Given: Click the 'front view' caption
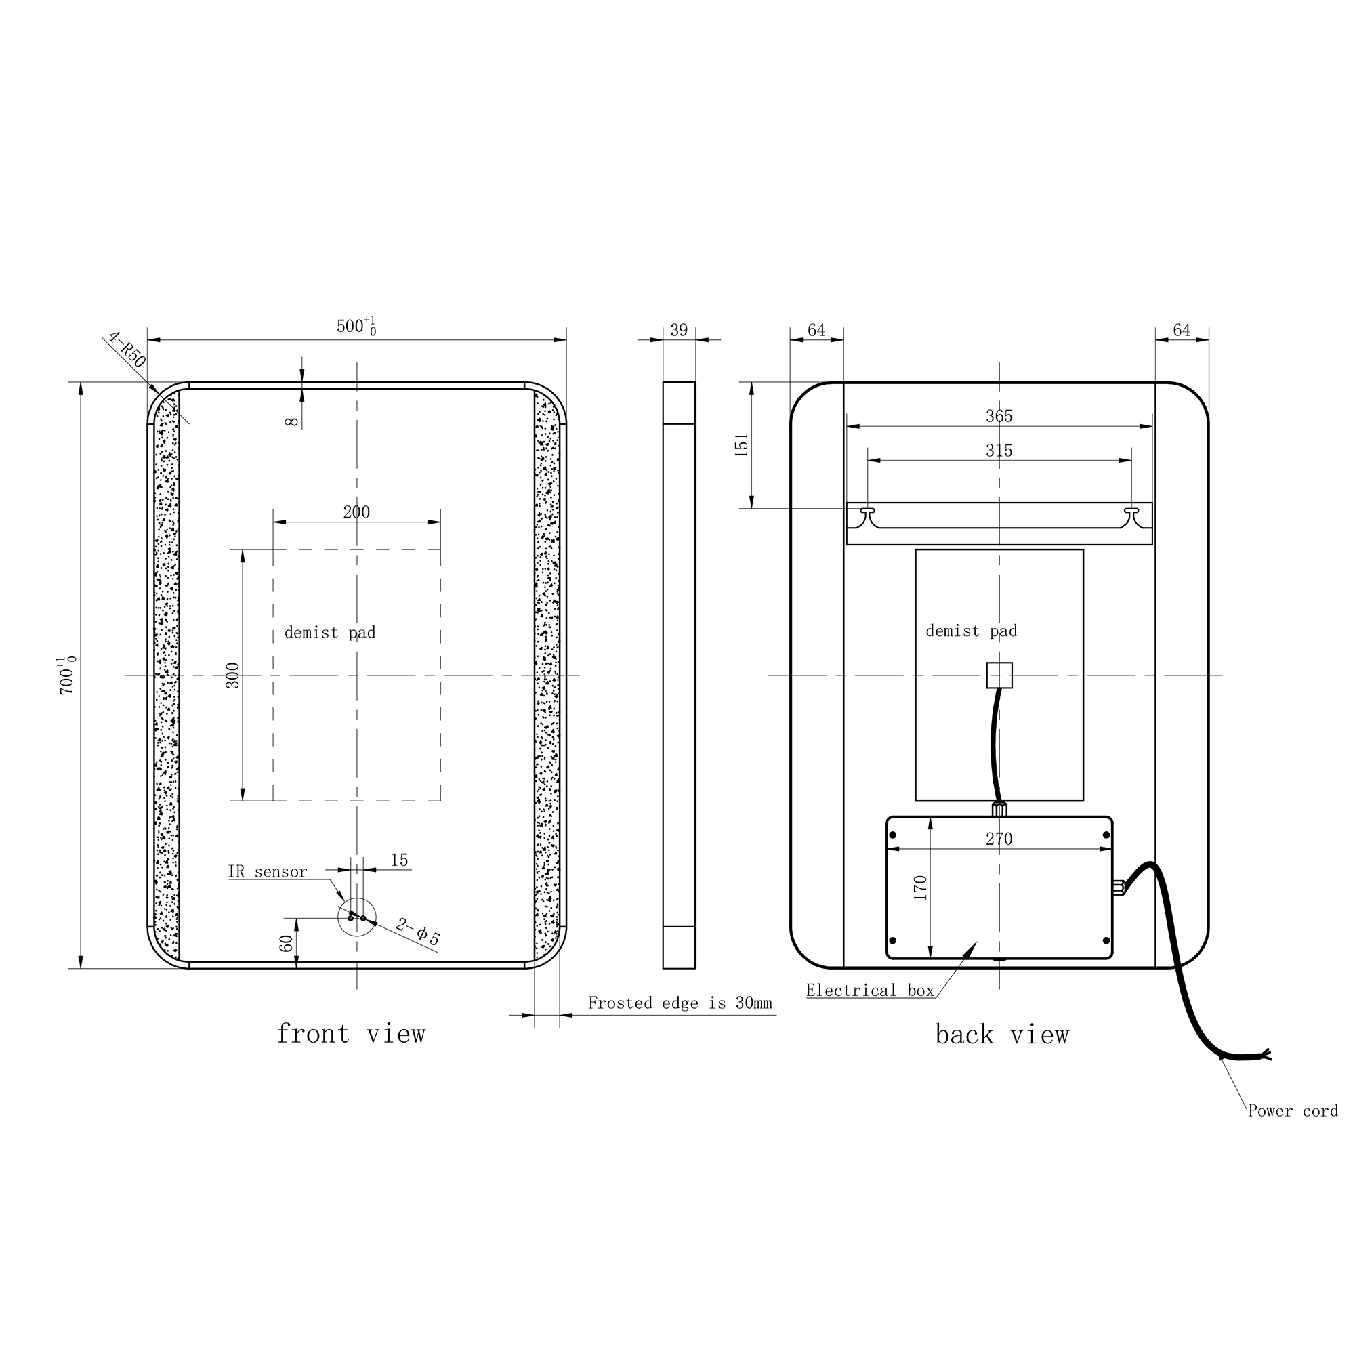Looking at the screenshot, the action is tap(351, 1035).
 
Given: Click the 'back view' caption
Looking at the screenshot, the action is tap(1001, 1035).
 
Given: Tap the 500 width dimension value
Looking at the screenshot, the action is tap(356, 326).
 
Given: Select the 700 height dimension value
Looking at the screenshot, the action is tap(66, 675).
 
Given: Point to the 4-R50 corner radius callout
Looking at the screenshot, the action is tap(127, 350).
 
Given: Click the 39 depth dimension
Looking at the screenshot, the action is tap(679, 331).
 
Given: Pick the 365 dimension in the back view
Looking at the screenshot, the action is tap(999, 416).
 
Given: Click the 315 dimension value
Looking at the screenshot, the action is tap(999, 451).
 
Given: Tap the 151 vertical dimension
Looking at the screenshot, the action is tap(742, 445).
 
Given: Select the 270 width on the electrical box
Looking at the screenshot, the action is tap(999, 839).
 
